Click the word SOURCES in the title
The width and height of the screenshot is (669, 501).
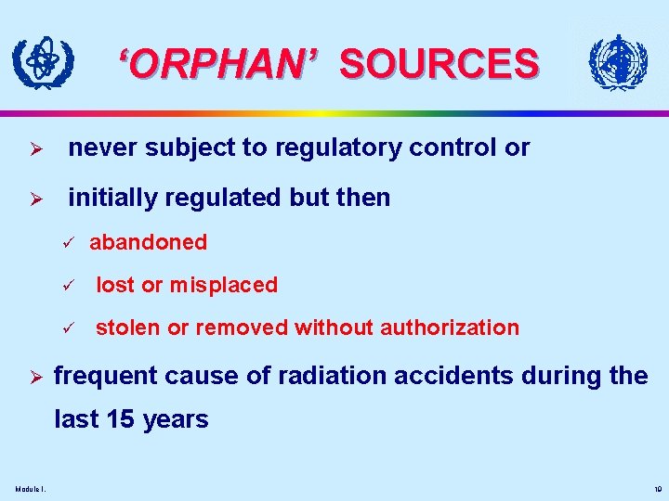coord(438,64)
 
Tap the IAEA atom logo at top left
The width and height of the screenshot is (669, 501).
coord(41,62)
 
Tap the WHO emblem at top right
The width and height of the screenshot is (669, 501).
coord(618,64)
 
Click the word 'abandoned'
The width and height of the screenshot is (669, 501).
coord(148,242)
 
